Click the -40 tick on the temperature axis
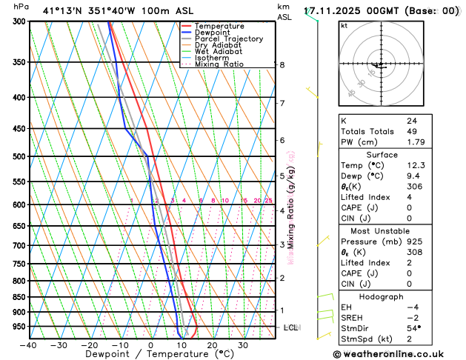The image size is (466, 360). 28,344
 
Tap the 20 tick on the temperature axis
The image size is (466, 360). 212,344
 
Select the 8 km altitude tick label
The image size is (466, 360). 282,65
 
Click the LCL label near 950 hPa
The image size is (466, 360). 291,327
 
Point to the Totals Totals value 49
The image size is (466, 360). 412,131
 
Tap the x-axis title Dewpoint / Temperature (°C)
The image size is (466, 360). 151,354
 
